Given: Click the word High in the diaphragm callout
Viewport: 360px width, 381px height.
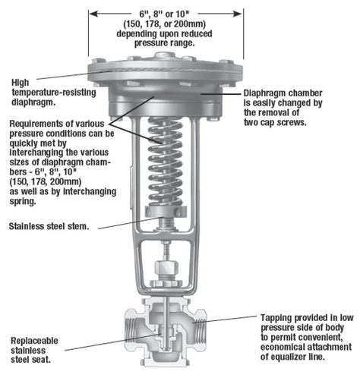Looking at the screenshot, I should (22, 81).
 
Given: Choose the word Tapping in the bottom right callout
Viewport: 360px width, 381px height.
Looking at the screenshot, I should (277, 316).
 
